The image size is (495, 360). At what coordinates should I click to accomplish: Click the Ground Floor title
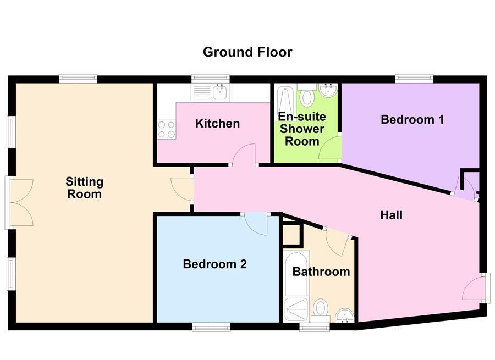(248, 52)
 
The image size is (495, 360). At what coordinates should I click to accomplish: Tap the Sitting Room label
(84, 187)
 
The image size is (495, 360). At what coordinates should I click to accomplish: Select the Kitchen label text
(217, 123)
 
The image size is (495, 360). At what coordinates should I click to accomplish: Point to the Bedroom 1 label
(412, 119)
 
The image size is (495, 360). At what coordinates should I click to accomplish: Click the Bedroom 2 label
(215, 264)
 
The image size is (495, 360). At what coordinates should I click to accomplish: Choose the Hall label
(391, 215)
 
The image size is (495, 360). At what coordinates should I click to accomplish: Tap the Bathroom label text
(321, 272)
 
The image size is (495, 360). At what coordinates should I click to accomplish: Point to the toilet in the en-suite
(307, 97)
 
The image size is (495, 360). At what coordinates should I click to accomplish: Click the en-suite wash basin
(328, 90)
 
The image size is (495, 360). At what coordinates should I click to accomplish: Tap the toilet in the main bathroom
(320, 310)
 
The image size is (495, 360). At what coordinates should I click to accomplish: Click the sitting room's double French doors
(20, 202)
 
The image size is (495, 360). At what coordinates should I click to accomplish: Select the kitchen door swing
(243, 154)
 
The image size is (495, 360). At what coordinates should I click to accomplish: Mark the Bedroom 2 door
(255, 223)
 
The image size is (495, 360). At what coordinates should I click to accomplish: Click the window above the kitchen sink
(210, 78)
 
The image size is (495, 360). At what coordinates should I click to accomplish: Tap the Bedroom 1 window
(414, 78)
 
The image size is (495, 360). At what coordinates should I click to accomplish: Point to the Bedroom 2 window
(211, 327)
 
